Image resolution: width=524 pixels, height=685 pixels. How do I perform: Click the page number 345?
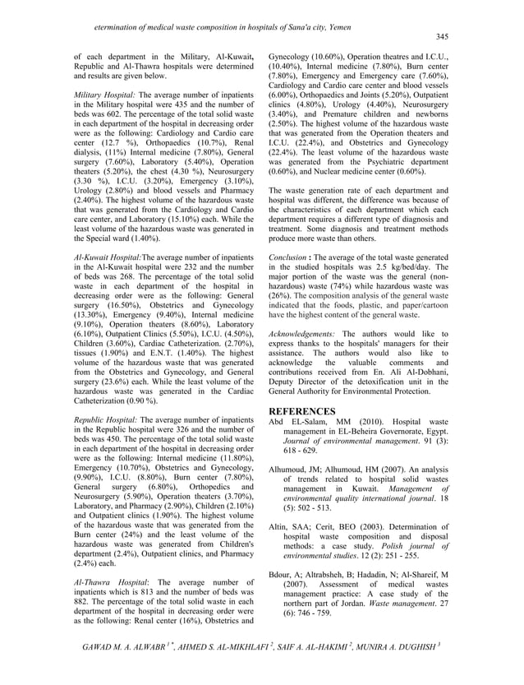[x=441, y=37]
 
